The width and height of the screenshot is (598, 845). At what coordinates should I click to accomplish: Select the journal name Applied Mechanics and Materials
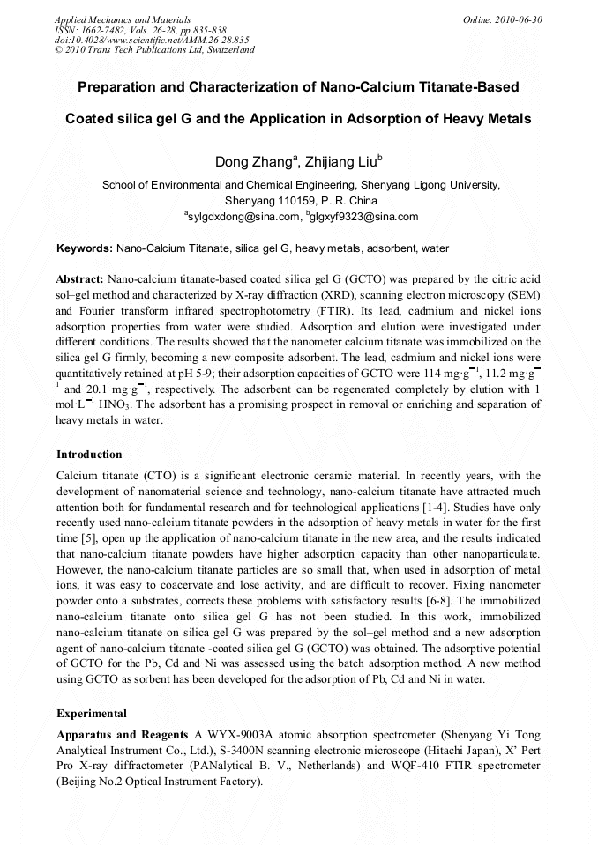point(123,19)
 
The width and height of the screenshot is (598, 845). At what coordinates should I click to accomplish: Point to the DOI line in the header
point(152,40)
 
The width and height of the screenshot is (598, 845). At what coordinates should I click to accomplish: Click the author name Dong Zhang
point(253,162)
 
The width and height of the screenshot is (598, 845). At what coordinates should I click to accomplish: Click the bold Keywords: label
point(84,249)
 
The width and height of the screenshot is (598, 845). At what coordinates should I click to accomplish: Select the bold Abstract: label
point(80,278)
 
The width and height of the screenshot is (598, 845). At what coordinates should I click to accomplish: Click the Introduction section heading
point(89,455)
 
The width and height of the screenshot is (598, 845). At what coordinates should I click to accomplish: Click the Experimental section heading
point(92,714)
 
